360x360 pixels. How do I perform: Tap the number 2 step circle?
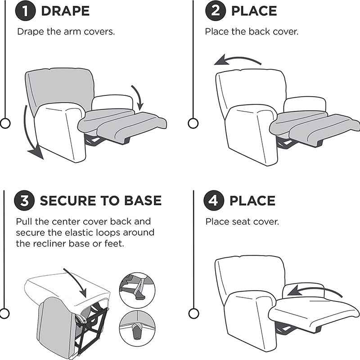(216, 11)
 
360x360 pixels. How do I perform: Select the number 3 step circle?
(25, 200)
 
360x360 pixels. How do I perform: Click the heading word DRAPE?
(65, 11)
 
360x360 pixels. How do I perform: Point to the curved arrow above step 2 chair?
(237, 60)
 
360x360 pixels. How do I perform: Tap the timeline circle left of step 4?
(193, 313)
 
